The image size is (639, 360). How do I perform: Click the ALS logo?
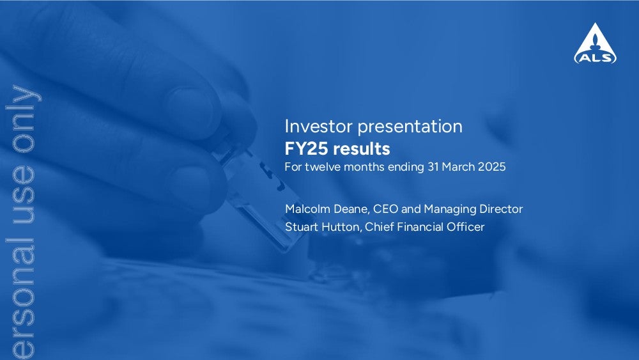[595, 43]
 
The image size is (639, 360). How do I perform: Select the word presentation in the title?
[410, 127]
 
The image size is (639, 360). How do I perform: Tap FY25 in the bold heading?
[306, 149]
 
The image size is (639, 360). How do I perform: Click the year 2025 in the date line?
[492, 167]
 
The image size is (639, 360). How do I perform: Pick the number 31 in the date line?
[433, 167]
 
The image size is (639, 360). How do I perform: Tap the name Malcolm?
[308, 208]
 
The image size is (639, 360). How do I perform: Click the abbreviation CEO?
[385, 208]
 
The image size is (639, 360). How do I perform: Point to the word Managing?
[450, 210]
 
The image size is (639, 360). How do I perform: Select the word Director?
[501, 208]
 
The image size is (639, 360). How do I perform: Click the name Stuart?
[302, 227]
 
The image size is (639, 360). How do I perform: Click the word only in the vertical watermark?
[24, 119]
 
